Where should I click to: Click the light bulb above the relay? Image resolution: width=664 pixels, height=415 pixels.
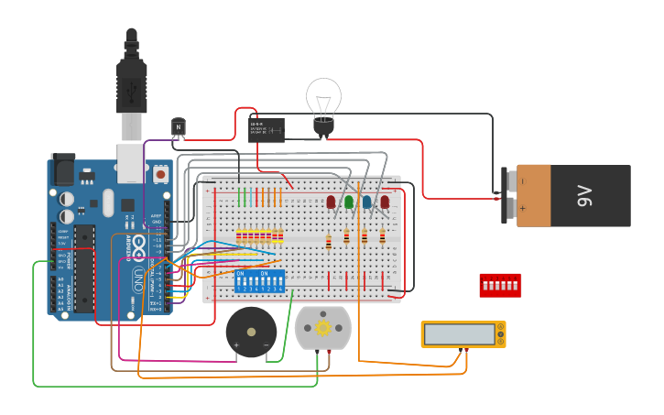click(323, 98)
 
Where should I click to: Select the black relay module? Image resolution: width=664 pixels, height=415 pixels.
click(266, 129)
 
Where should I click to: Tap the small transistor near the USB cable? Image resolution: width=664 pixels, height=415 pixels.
click(178, 126)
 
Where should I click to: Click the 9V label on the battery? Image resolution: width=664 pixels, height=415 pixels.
click(586, 196)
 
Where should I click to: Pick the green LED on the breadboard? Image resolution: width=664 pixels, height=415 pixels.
click(349, 201)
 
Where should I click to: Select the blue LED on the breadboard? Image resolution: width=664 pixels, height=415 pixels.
click(366, 202)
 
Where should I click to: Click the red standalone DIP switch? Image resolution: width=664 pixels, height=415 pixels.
click(500, 285)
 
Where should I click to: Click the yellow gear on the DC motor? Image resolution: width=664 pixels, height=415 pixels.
click(322, 327)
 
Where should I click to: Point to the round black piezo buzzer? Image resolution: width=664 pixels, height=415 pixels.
click(251, 332)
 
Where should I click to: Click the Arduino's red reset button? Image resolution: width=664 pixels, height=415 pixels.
click(161, 172)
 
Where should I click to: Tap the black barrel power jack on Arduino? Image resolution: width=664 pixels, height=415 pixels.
click(62, 169)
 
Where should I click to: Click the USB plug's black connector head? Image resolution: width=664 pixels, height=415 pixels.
click(132, 87)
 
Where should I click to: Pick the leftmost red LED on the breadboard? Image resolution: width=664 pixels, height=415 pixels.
click(331, 201)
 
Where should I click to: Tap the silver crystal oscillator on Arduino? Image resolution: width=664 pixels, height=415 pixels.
click(108, 202)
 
